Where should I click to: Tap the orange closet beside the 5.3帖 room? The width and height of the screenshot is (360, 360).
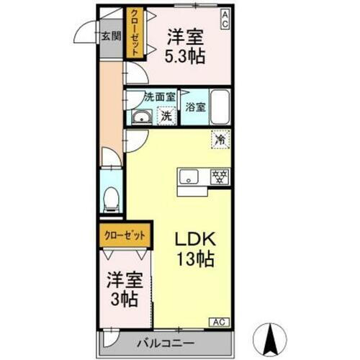134,32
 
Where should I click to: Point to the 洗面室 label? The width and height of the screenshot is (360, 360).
159,96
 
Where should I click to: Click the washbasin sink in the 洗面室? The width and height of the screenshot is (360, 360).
140,118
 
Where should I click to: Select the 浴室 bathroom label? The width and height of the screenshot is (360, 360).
195,107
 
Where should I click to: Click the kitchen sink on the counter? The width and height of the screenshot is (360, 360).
192,176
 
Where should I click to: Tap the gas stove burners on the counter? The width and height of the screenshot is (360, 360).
220,176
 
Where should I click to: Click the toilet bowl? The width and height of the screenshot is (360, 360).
111,198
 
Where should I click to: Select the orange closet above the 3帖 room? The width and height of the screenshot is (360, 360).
125,235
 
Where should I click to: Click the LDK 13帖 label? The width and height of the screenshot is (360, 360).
193,248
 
